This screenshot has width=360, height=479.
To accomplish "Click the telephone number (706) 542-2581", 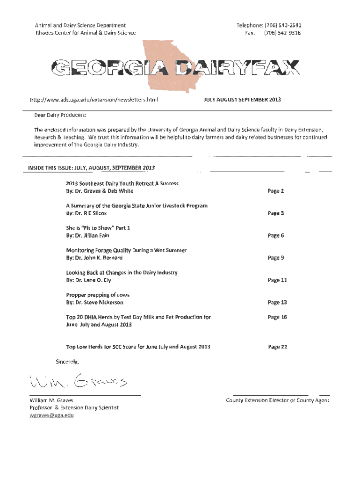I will (282, 25).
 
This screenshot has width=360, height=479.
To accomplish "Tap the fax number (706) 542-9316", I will (282, 33).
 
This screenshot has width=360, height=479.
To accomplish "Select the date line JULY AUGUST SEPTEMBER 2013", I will (243, 100).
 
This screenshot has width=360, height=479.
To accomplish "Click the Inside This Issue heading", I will (91, 167).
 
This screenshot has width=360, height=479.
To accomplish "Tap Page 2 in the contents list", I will (276, 191).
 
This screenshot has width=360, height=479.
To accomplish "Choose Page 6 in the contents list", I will (276, 235).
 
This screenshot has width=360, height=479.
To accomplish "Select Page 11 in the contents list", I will (277, 280).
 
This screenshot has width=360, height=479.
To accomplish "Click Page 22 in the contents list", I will (277, 347).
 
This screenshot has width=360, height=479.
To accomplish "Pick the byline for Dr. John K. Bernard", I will (94, 258).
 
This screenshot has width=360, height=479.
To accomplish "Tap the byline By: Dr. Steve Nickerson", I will (94, 302).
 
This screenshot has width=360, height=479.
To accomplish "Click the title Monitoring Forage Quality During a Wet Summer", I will (126, 250).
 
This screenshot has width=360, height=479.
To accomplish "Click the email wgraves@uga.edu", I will (51, 415).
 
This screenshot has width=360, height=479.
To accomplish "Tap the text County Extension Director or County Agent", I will (277, 400).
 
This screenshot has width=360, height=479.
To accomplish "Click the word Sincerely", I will (68, 362).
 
